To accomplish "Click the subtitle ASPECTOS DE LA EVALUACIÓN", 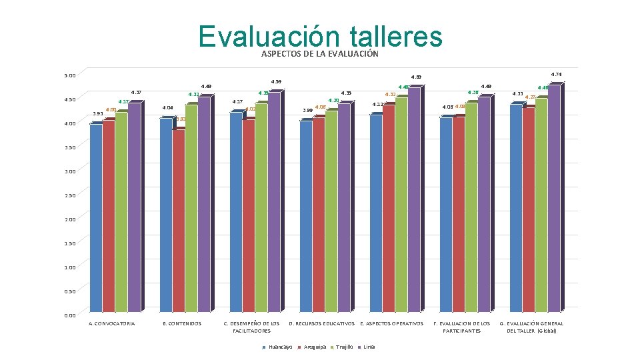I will pos(320,54).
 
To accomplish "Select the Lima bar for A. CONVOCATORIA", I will pos(134,207).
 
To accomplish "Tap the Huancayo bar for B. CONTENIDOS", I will pos(166,213).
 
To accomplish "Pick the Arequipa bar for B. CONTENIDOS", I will pos(179,220).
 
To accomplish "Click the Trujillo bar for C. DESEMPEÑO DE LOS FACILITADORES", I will pos(261,207).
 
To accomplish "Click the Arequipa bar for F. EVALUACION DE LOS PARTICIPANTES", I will pos(458,213).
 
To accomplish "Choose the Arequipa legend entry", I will pos(313,347).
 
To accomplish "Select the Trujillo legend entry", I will pos(342,347).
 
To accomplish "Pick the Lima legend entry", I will pos(367,347).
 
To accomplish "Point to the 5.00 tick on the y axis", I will pos(70,75).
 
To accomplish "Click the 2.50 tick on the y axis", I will pos(70,195).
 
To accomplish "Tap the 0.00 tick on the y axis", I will pos(70,315).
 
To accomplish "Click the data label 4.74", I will pos(556,74).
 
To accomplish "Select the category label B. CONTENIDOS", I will pos(182,324).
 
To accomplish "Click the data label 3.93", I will pos(97,115).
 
